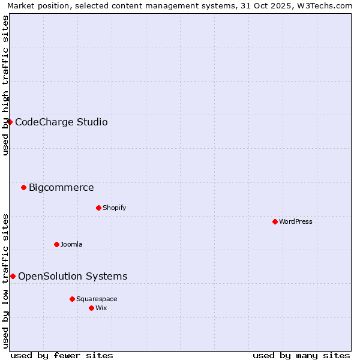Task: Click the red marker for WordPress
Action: coord(275,221)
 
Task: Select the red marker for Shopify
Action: coord(98,208)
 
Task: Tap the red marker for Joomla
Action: coord(56,244)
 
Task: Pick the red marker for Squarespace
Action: coord(72,299)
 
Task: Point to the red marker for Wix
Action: coord(91,308)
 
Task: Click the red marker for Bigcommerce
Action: coord(23,187)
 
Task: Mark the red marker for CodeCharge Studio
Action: coord(10,122)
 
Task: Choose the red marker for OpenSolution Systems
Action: coord(13,276)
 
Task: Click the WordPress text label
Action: coord(296,221)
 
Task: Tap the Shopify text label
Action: coord(114,208)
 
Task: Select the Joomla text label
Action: coord(71,244)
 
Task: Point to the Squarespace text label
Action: coord(97,299)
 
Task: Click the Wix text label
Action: coord(101,308)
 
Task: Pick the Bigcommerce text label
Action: coord(61,187)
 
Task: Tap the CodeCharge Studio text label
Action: coord(61,122)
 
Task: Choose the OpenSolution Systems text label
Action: coord(73,276)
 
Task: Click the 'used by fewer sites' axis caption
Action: coord(62,355)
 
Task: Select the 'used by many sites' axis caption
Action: coord(301,355)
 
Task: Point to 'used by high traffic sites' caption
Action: coord(6,85)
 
